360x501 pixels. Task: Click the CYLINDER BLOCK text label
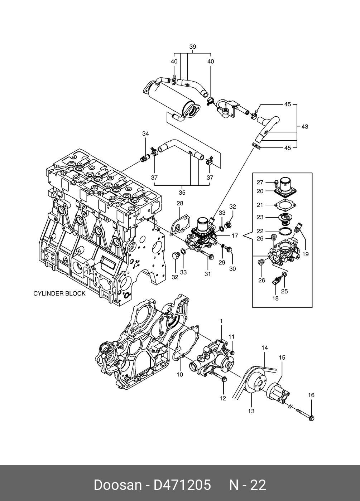(59, 293)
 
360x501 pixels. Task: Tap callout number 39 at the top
(193, 47)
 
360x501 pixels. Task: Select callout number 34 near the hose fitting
(145, 134)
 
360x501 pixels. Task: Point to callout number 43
(304, 126)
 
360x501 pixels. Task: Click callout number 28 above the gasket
(180, 203)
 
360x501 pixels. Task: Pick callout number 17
(235, 236)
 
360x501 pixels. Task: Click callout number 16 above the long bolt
(311, 395)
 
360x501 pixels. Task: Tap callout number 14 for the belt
(265, 347)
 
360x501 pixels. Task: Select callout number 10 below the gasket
(180, 374)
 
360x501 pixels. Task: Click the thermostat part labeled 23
(285, 218)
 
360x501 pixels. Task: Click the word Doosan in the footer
(117, 485)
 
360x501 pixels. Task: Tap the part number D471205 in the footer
(182, 485)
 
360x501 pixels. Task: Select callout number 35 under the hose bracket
(182, 193)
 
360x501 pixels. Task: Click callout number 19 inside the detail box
(305, 254)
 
